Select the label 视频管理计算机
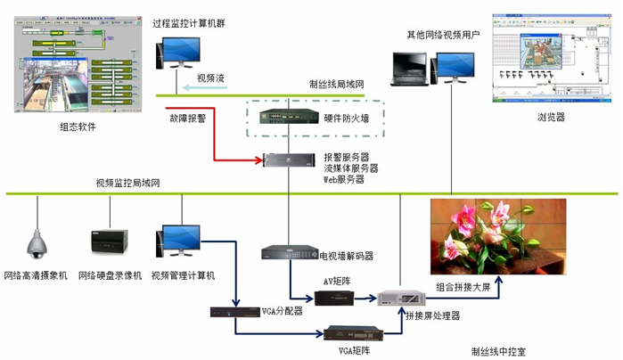click(x=183, y=275)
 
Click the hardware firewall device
click(x=291, y=117)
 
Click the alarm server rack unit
click(x=290, y=160)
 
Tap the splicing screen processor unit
click(x=396, y=298)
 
